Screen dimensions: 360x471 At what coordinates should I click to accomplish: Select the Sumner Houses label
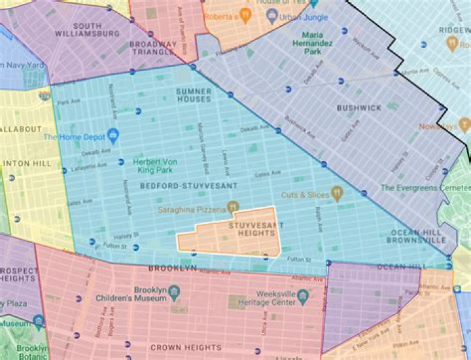[x=194, y=94]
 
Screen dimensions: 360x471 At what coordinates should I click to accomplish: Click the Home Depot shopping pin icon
[x=113, y=135]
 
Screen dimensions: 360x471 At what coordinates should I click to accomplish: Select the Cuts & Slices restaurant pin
[x=337, y=194]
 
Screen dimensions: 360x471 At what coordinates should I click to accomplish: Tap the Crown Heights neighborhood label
[x=185, y=348]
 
